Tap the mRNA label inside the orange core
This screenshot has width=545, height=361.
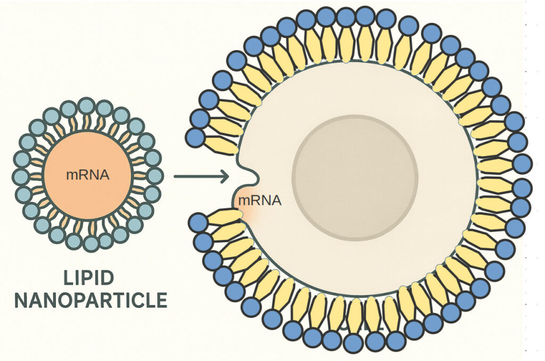[88, 174]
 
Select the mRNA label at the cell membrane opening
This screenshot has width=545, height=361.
[259, 200]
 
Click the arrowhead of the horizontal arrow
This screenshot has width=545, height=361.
[225, 175]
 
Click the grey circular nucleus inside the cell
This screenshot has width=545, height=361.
[355, 178]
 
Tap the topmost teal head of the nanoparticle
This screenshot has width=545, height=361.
[86, 105]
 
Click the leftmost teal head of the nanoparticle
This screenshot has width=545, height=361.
[21, 175]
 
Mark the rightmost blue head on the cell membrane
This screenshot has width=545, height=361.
[523, 164]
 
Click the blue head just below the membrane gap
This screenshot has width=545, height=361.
[198, 222]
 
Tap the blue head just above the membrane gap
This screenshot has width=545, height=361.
[195, 137]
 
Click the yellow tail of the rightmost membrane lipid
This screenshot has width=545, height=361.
[496, 166]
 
